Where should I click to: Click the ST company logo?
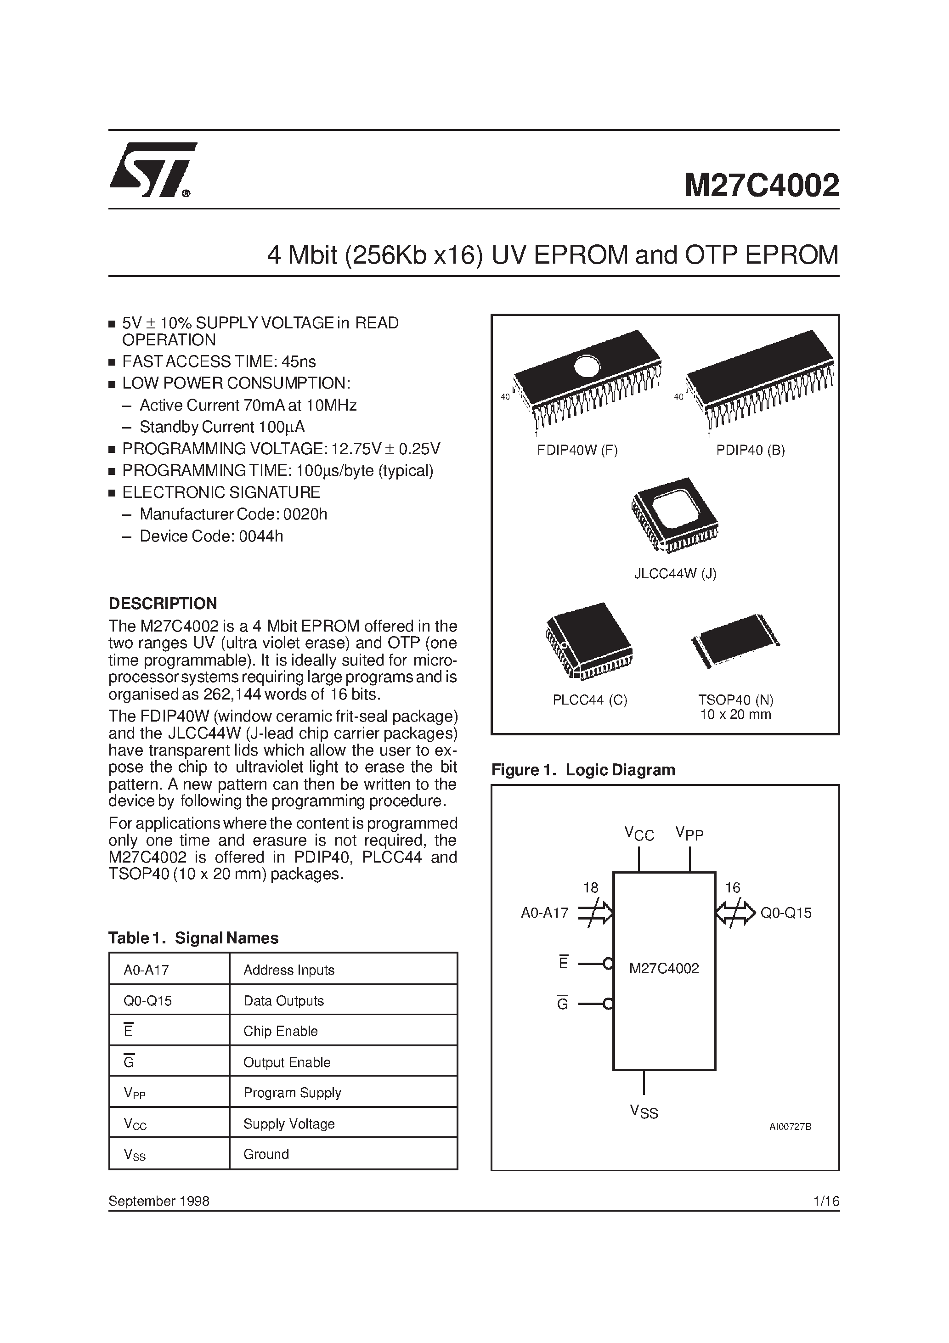point(152,169)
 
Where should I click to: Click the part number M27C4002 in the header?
point(761,186)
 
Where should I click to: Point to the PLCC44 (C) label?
point(589,700)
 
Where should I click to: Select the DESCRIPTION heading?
point(163,603)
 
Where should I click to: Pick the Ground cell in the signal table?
point(266,1154)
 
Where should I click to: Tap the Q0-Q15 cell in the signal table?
point(147,1001)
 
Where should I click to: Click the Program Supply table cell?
point(292,1093)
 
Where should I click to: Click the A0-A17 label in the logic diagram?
point(544,913)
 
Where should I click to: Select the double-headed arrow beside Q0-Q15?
point(735,913)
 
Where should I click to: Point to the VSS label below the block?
point(644,1112)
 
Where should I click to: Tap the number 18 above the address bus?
point(590,888)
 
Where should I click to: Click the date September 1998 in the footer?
point(158,1201)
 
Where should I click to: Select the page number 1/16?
point(826,1201)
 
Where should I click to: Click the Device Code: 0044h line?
point(211,536)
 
